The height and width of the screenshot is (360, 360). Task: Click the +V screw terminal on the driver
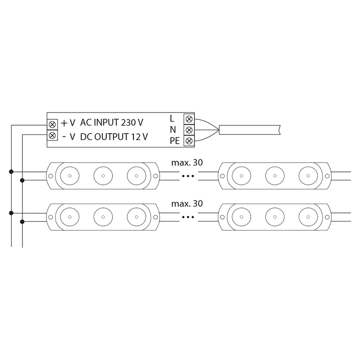coord(52,125)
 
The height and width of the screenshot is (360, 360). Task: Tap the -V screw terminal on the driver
coord(52,135)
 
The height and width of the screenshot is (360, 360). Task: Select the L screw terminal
coord(189,119)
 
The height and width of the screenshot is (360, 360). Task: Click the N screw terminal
coord(189,130)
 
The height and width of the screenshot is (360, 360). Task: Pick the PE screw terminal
coord(189,140)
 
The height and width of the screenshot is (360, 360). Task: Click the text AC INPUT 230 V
coord(112,122)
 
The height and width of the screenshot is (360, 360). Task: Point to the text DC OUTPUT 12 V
coord(114,137)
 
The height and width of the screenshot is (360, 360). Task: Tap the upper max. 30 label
coord(187,162)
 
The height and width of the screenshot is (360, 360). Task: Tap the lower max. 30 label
coord(187,203)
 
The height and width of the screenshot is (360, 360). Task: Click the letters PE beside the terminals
coord(175,141)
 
